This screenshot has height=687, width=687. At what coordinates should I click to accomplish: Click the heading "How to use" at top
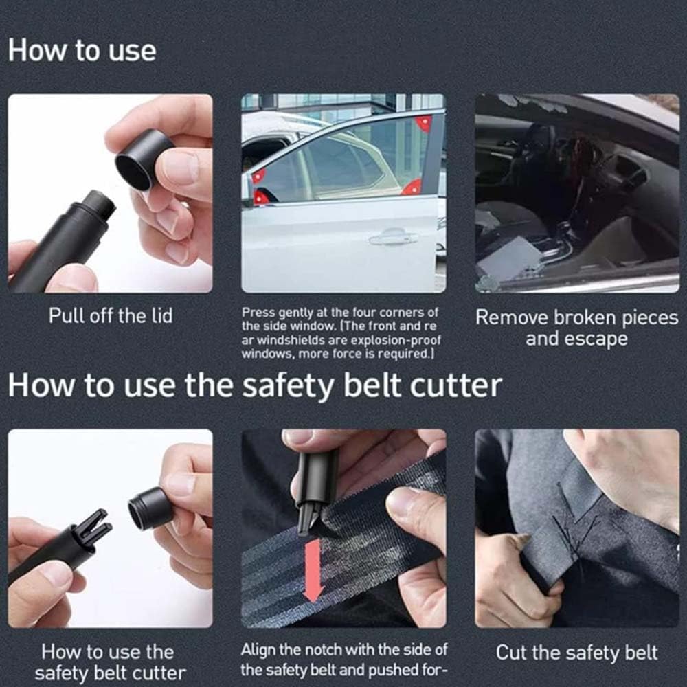82,51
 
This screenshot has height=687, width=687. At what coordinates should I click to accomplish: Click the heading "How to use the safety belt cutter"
254,385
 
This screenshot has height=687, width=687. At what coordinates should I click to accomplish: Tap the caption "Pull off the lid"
110,315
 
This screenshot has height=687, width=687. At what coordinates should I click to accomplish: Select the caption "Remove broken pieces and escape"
576,328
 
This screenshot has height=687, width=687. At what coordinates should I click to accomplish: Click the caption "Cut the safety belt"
576,652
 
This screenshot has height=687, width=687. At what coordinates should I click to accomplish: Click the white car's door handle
393,238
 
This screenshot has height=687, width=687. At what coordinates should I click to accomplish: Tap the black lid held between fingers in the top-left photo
143,159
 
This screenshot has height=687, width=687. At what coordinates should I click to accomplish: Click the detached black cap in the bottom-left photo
150,508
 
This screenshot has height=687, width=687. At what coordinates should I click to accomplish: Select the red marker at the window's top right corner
424,124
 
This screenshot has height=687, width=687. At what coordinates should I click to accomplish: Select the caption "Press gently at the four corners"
339,313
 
